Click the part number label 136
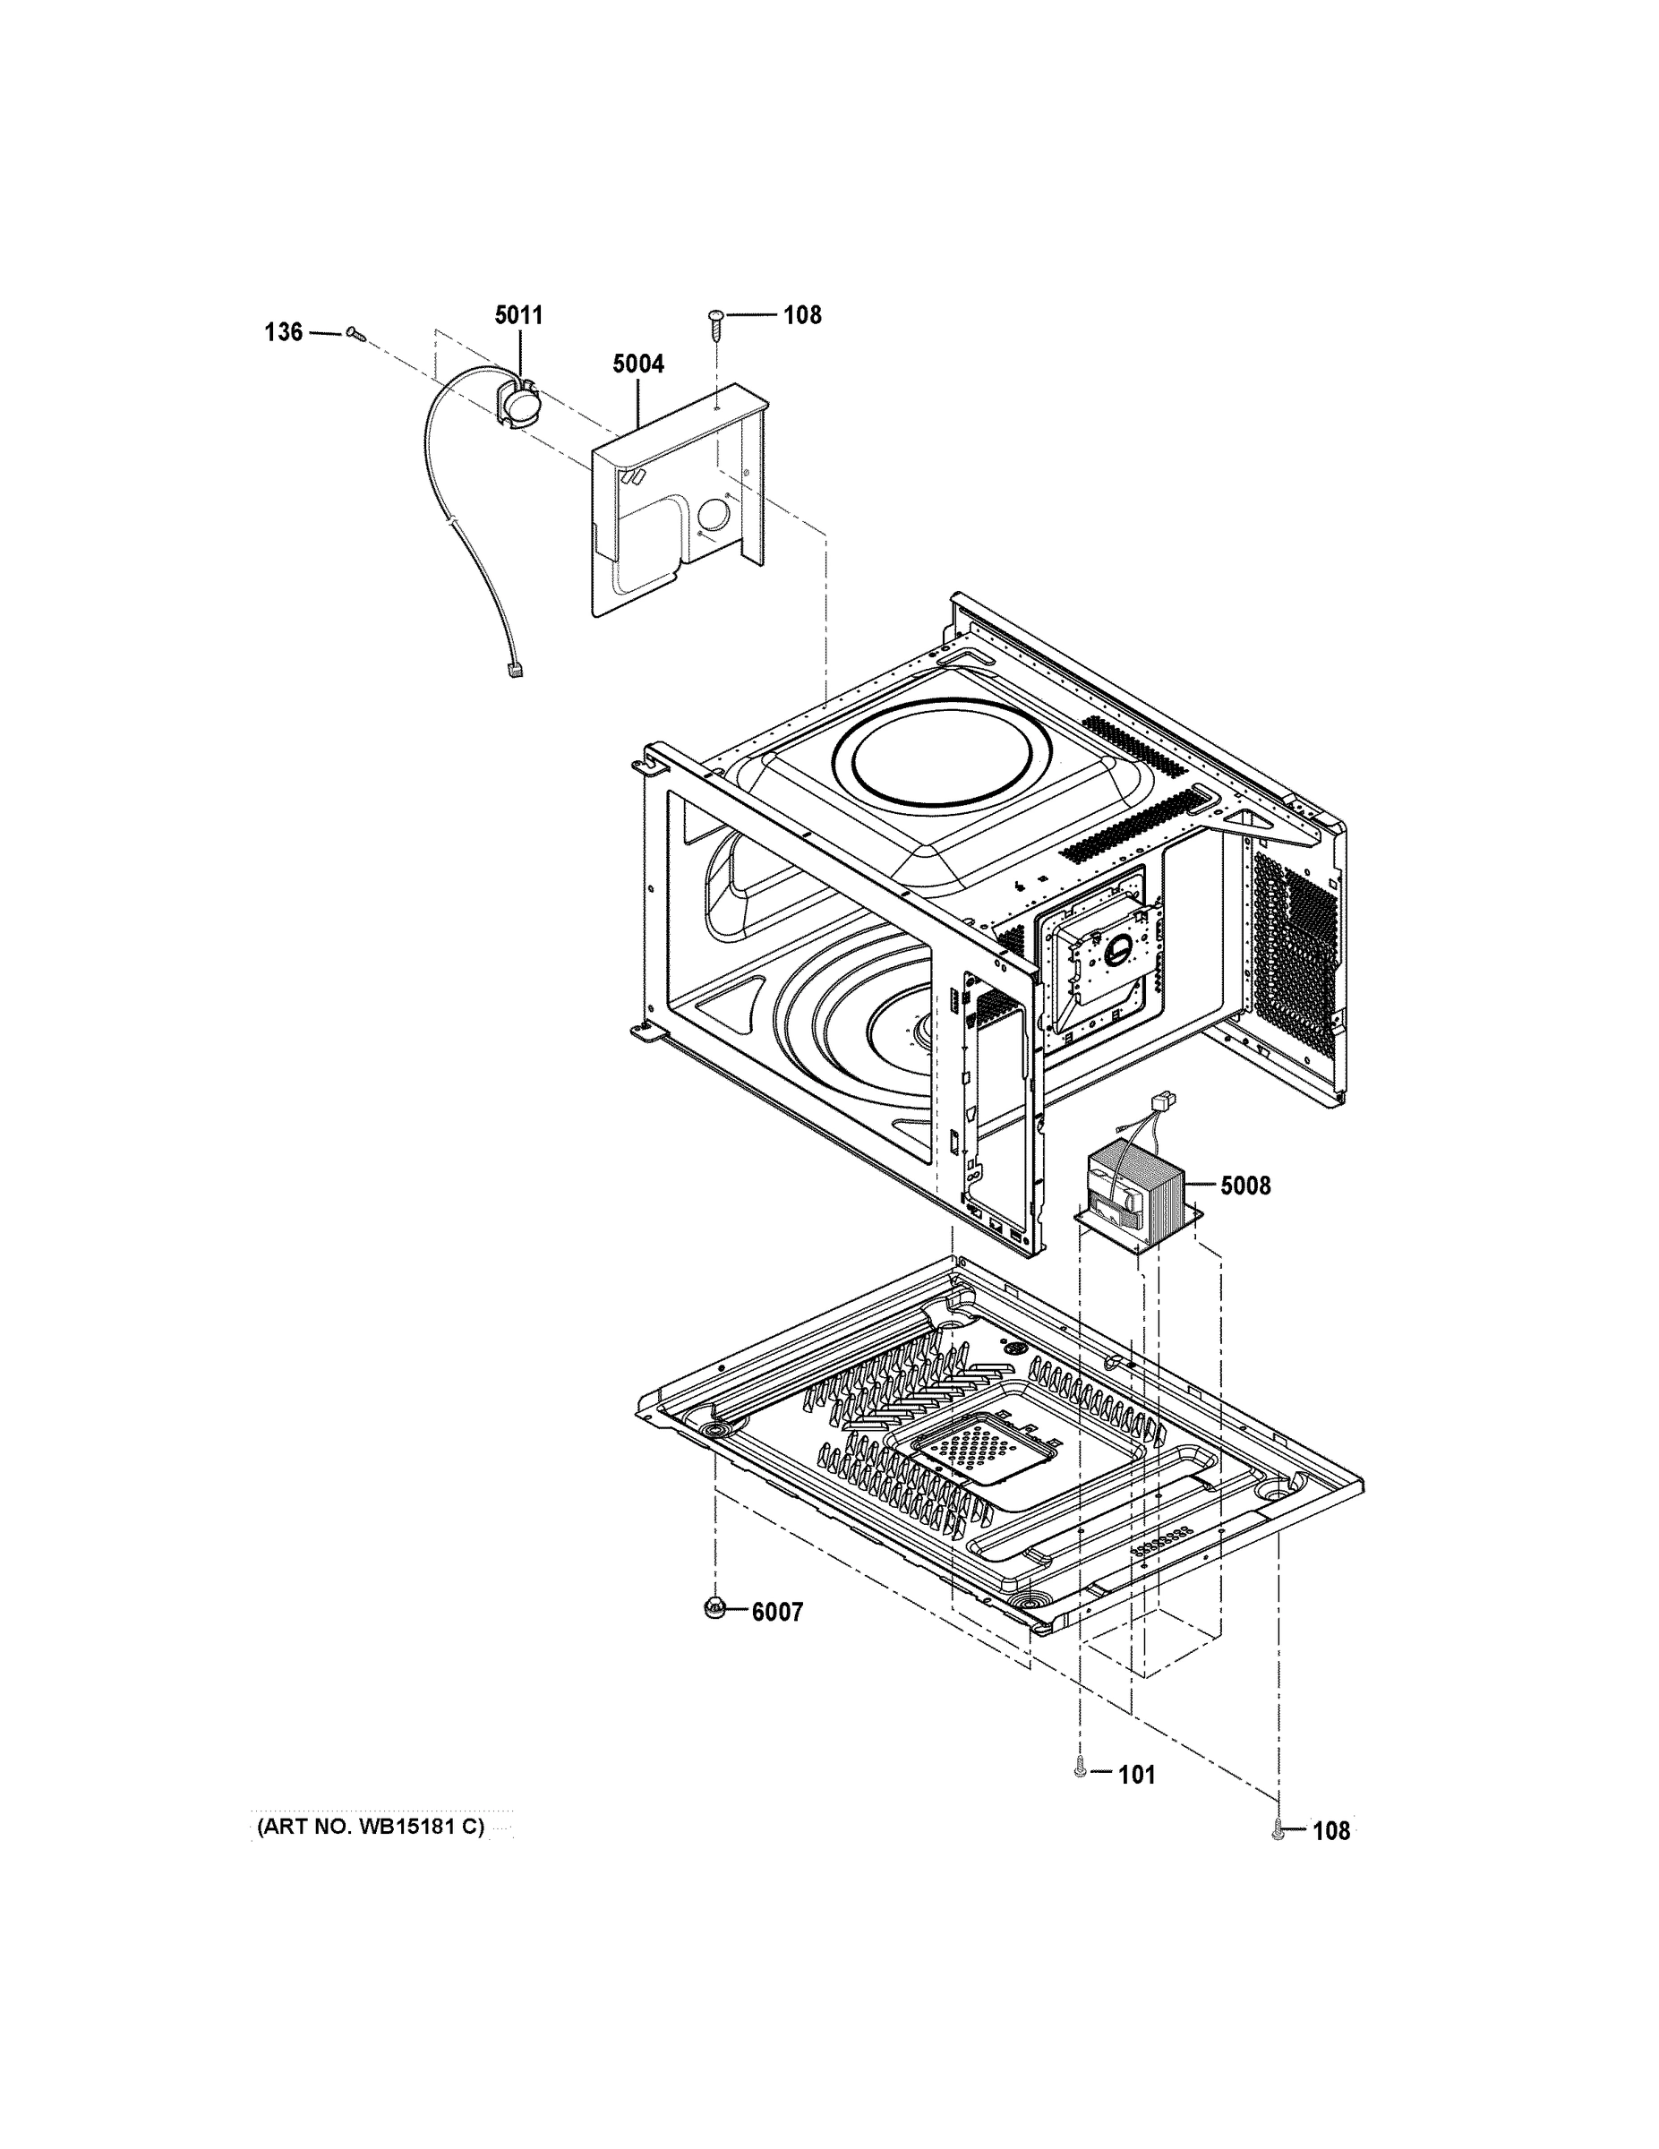[x=284, y=332]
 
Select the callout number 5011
[x=517, y=315]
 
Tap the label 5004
[x=637, y=364]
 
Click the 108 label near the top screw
[x=802, y=315]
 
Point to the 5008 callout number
[x=1244, y=1186]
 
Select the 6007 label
[x=777, y=1612]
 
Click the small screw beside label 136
[x=356, y=335]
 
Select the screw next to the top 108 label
[x=716, y=319]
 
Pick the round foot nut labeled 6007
[x=715, y=1608]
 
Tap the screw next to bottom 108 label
[x=1278, y=1830]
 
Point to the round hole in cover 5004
[x=715, y=516]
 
